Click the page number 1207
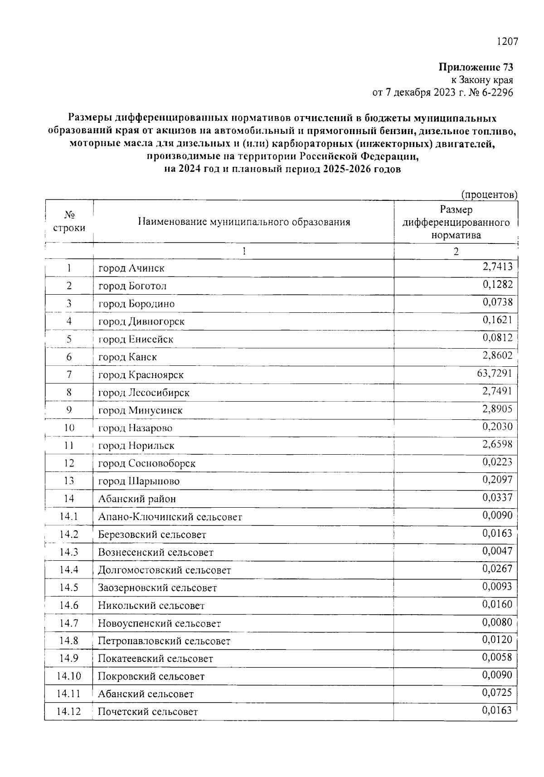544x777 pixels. click(x=507, y=42)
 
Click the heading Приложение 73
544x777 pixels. click(x=476, y=68)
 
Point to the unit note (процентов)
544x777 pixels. click(x=489, y=194)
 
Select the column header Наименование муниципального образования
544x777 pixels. click(x=244, y=222)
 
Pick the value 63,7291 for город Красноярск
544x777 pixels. click(x=497, y=374)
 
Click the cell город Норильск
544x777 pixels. click(x=136, y=446)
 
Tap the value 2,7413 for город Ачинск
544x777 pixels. click(x=497, y=266)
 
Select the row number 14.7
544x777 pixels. click(x=69, y=623)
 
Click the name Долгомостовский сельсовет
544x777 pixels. click(x=165, y=570)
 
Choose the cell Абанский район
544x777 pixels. click(x=137, y=499)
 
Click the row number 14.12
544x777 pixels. click(x=69, y=711)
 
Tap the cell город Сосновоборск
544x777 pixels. click(x=147, y=463)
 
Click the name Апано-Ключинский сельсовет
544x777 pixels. click(x=170, y=517)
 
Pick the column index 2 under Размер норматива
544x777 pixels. click(x=456, y=252)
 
